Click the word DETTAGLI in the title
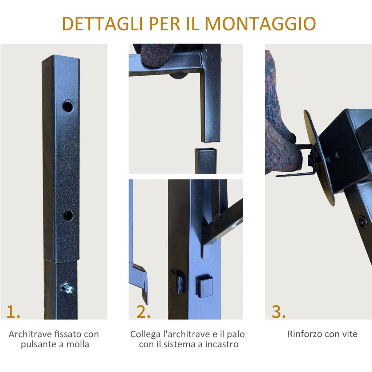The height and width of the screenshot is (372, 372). [x=102, y=24]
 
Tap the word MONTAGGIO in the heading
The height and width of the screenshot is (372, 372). [x=260, y=24]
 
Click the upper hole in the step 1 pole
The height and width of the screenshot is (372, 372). [x=68, y=106]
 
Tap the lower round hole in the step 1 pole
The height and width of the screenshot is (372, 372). [x=68, y=216]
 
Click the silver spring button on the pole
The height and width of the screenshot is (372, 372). [x=68, y=288]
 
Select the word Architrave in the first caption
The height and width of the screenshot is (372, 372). [x=31, y=334]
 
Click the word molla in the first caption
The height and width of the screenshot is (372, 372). [x=78, y=344]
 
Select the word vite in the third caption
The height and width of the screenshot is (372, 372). [x=350, y=334]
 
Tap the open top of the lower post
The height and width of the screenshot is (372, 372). [x=206, y=150]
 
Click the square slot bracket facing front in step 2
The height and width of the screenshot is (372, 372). [x=204, y=286]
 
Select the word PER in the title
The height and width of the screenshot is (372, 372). [x=165, y=24]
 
